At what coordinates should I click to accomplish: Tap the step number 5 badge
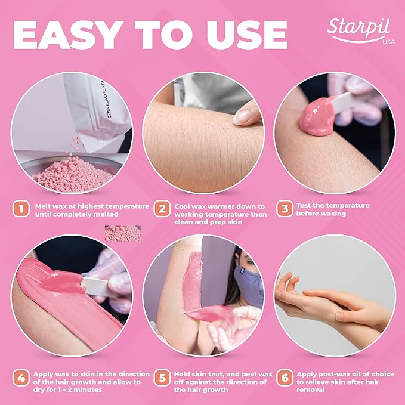click(162, 378)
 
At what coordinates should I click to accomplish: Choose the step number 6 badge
click(286, 378)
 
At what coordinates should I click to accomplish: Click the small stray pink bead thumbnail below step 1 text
click(123, 233)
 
